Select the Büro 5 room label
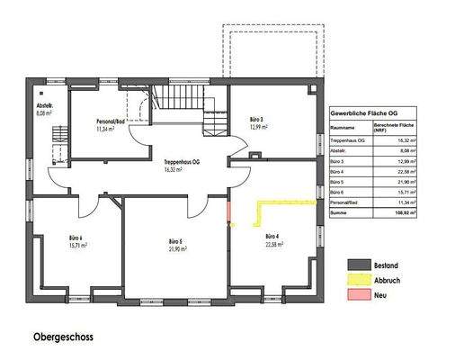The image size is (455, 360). [175, 241]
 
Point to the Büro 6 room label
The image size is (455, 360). [75, 238]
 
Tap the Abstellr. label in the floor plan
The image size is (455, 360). [45, 104]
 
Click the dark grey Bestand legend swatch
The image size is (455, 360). [360, 265]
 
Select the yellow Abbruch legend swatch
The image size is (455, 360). [360, 281]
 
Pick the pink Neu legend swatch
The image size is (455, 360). [360, 297]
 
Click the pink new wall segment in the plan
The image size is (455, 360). [229, 214]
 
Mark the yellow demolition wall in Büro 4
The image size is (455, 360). [286, 202]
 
